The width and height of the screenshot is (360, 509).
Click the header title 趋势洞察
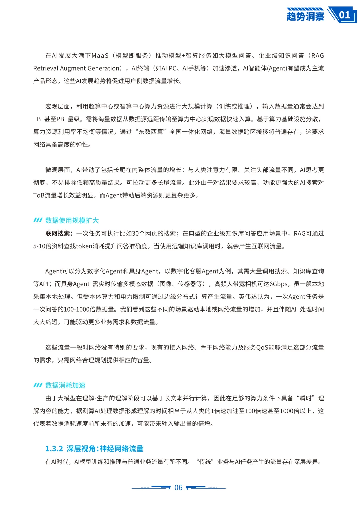click(305, 16)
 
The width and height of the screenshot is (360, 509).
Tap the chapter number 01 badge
click(345, 15)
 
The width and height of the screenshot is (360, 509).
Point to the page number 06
click(178, 488)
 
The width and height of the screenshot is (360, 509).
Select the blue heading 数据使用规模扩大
click(72, 220)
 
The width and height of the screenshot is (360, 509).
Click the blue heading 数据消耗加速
click(65, 385)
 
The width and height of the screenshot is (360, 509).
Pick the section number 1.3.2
click(54, 449)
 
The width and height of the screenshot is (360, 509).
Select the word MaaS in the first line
click(100, 56)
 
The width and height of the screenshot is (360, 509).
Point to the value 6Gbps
click(278, 284)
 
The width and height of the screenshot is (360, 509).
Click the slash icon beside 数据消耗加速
click(38, 385)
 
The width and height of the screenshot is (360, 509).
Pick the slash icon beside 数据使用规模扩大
click(38, 220)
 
